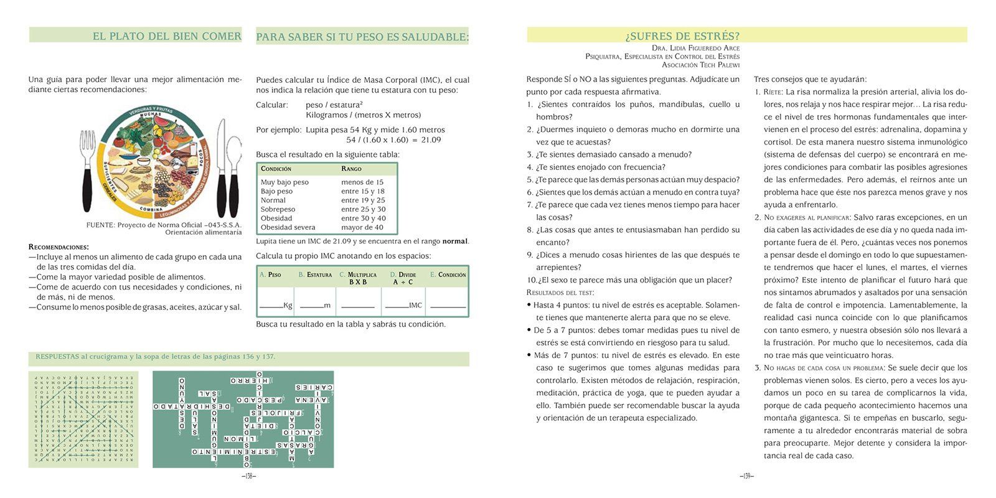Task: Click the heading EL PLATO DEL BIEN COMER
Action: pos(167,36)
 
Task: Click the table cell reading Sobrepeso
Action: pos(278,209)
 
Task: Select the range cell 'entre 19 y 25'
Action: pos(363,200)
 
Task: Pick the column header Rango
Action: pos(351,169)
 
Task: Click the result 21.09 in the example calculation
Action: pos(431,140)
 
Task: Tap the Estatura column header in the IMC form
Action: pos(315,275)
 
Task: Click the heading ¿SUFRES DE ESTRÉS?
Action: pos(682,36)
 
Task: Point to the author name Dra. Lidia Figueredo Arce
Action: pos(695,48)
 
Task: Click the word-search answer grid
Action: pos(83,419)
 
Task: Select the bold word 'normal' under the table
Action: pos(454,242)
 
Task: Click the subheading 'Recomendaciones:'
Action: pos(59,247)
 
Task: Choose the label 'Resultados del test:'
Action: pos(560,293)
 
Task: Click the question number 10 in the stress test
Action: pos(532,280)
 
